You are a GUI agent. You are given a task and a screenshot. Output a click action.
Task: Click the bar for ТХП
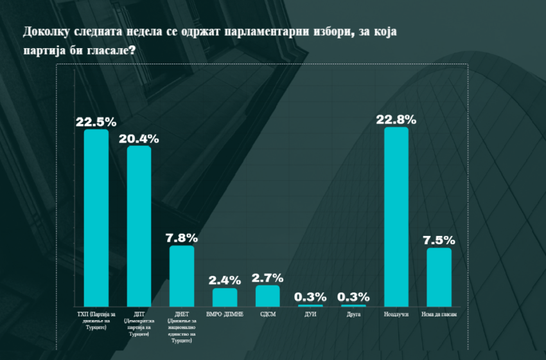pyautogui.click(x=96, y=218)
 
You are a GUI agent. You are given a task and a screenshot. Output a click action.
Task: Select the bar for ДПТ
pyautogui.click(x=139, y=226)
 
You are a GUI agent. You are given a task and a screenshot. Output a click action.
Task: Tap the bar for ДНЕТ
pyautogui.click(x=182, y=276)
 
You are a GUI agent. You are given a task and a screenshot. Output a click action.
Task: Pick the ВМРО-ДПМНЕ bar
pyautogui.click(x=225, y=297)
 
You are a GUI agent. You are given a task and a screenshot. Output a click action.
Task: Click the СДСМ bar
pyautogui.click(x=268, y=296)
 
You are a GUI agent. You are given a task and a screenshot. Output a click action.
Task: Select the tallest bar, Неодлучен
pyautogui.click(x=396, y=217)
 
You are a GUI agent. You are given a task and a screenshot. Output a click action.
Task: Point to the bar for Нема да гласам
pyautogui.click(x=439, y=277)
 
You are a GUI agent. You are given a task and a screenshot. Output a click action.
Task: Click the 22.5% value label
pyautogui.click(x=96, y=122)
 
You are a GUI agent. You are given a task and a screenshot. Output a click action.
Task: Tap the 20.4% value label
pyautogui.click(x=139, y=138)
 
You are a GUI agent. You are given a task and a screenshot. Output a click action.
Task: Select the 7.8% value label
pyautogui.click(x=182, y=238)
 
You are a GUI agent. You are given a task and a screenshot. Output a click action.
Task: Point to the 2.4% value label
pyautogui.click(x=225, y=280)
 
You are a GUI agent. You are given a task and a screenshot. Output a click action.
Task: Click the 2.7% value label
pyautogui.click(x=268, y=278)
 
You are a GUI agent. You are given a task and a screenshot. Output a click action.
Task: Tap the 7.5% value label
pyautogui.click(x=439, y=240)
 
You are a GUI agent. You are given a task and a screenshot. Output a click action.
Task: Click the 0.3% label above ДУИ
pyautogui.click(x=311, y=297)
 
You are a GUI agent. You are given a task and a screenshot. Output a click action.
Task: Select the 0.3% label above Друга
pyautogui.click(x=354, y=297)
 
